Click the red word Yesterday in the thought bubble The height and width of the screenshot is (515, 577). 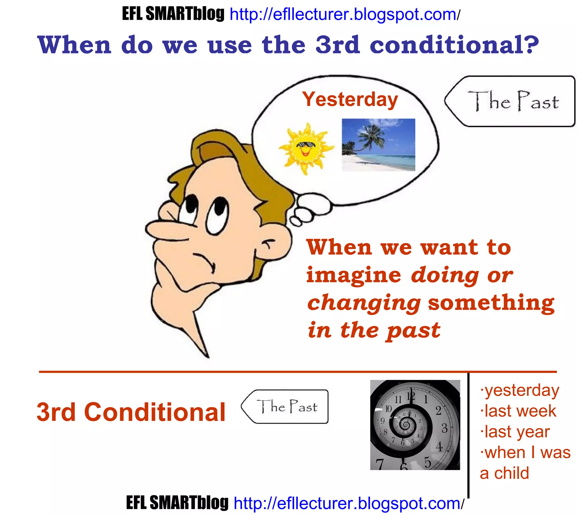(350, 100)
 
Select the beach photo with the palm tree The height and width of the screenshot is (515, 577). (378, 145)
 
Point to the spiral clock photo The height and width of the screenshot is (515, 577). (415, 425)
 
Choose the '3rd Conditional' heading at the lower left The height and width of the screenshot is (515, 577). (131, 412)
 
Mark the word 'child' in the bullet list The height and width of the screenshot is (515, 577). (512, 473)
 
